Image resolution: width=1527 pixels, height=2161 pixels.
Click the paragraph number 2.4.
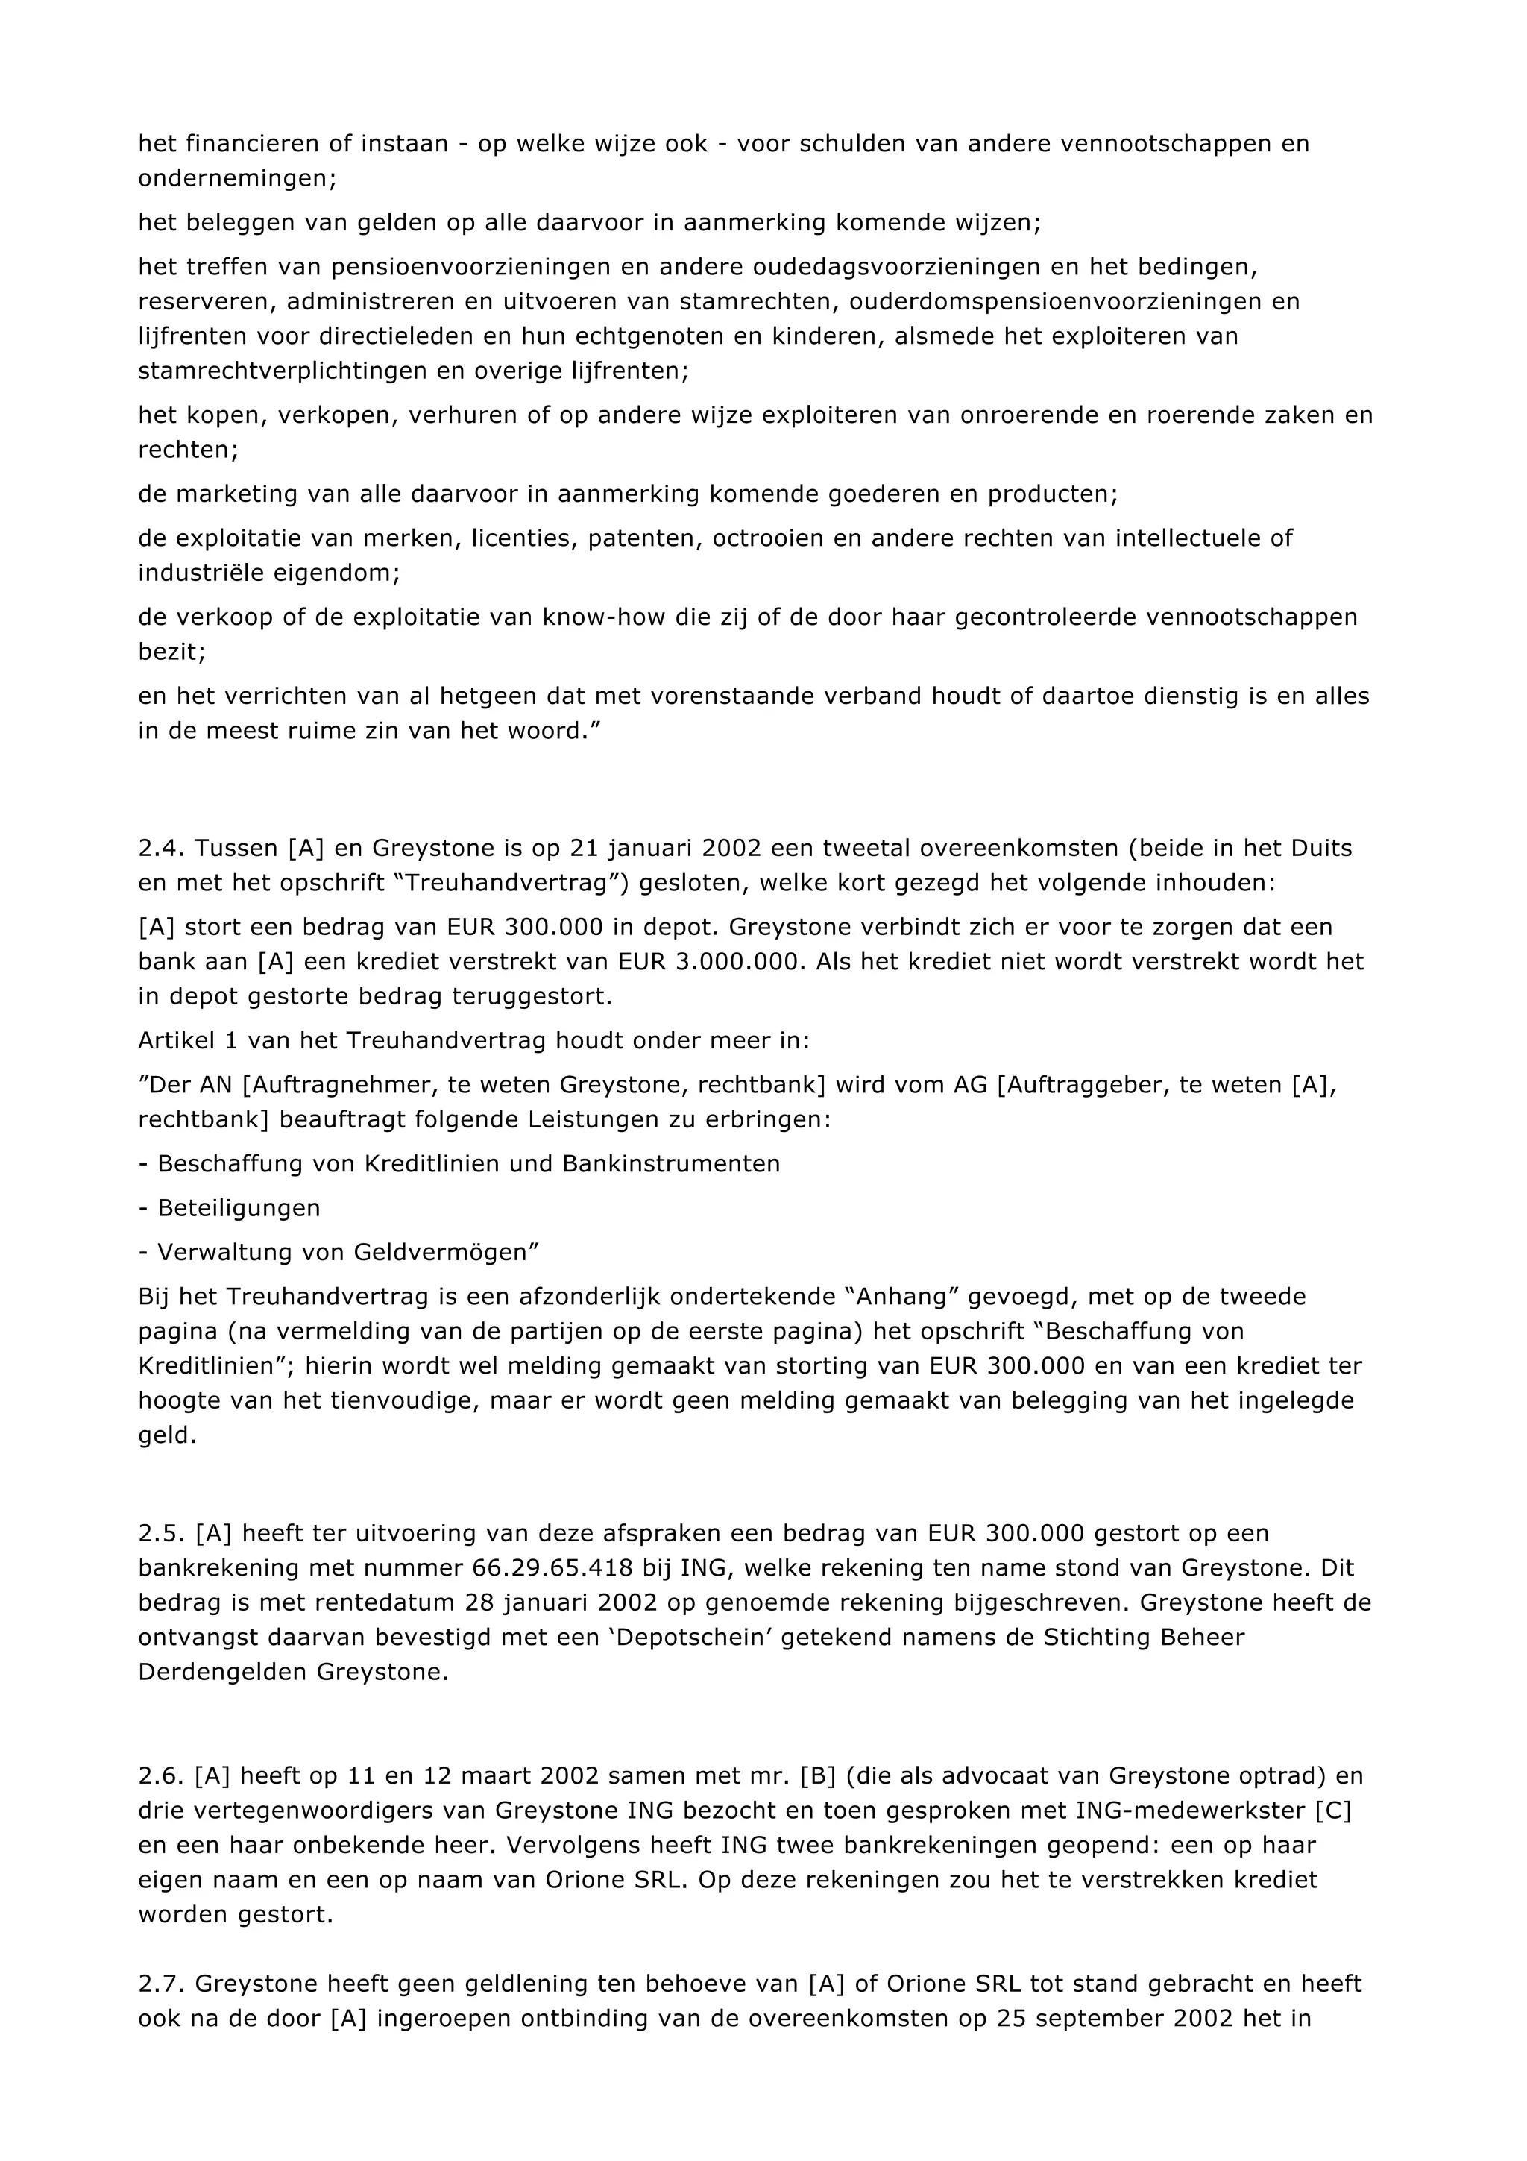161,848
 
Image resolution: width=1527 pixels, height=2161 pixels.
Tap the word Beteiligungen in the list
239,1207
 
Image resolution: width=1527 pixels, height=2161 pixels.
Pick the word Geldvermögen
441,1252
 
